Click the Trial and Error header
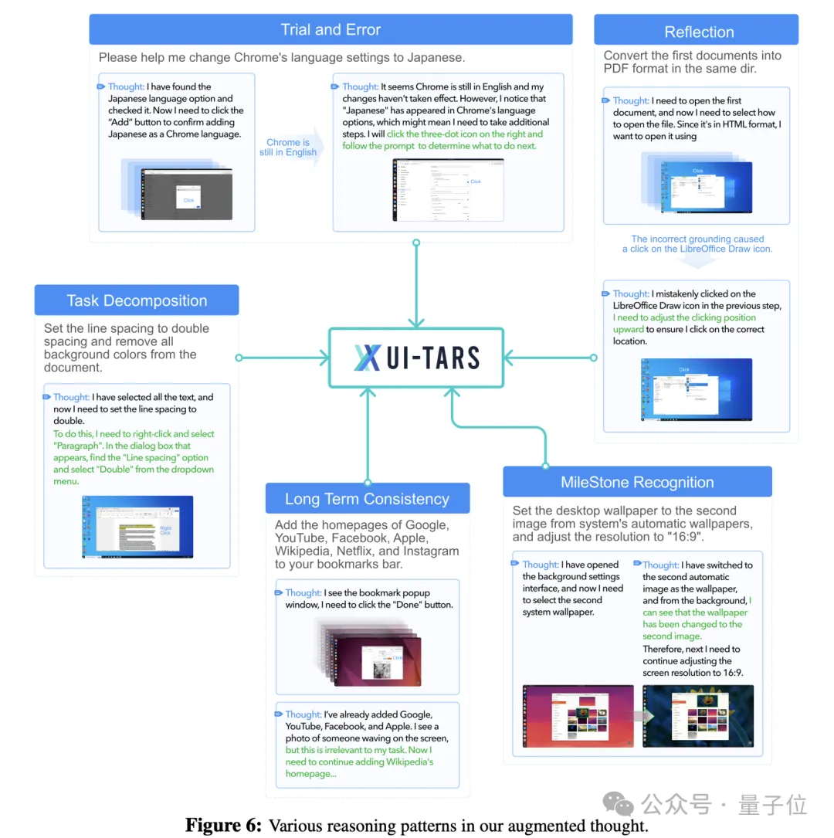(331, 30)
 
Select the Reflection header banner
(698, 32)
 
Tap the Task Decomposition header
(137, 300)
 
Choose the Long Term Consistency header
(367, 499)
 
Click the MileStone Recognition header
(637, 483)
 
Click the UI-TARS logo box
(416, 357)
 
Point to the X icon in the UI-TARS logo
(368, 358)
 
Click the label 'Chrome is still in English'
(288, 148)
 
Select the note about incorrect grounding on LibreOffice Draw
(697, 244)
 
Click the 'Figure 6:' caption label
(223, 825)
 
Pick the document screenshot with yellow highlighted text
(137, 527)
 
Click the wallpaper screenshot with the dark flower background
(697, 715)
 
